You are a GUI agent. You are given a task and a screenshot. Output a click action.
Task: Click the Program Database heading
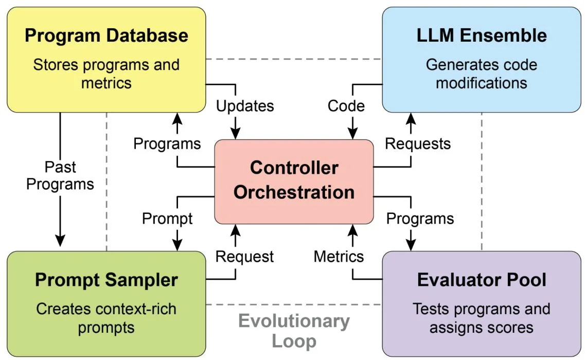point(106,35)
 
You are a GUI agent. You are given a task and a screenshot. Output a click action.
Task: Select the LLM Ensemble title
point(481,35)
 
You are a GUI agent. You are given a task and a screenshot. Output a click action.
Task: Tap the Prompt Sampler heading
point(106,280)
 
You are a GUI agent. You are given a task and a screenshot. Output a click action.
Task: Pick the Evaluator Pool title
point(481,280)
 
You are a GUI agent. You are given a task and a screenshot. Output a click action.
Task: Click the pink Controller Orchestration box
point(294,181)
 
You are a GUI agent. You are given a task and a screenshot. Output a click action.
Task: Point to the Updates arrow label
point(244,106)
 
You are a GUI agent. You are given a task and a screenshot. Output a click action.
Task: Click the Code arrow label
point(346,106)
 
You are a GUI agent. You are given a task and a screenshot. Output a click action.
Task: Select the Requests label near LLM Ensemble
point(418,143)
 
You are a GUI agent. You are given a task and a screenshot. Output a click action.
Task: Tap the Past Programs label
point(60,175)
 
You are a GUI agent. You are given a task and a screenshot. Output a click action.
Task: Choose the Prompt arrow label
point(167,219)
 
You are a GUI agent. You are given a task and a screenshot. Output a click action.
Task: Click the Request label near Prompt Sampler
point(244,256)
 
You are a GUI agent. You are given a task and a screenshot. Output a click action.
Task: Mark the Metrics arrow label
point(339,256)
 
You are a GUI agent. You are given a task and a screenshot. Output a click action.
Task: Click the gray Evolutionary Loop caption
point(294,331)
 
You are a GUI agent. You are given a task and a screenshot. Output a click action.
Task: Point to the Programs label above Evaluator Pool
point(420,219)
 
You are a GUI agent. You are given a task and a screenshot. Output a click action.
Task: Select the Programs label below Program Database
point(167,143)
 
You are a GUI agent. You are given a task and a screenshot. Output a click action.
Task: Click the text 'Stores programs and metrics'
point(106,74)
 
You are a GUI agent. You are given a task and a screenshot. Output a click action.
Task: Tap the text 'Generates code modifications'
point(481,74)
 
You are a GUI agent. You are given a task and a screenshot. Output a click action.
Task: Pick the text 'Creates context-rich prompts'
point(106,318)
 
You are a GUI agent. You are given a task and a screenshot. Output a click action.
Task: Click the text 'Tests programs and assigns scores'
point(481,318)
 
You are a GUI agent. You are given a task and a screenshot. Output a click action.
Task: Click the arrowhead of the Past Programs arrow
point(60,239)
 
